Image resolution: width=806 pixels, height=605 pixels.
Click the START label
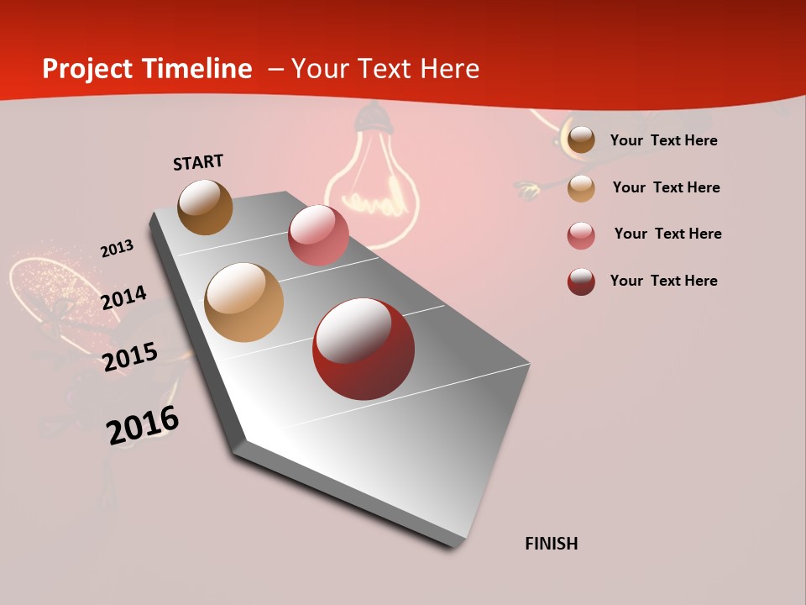click(x=198, y=162)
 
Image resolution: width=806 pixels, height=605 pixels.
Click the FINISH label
click(x=551, y=544)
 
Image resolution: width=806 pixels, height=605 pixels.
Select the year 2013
click(x=117, y=249)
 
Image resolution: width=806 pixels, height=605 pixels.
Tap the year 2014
click(x=123, y=297)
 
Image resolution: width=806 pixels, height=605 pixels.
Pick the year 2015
click(x=130, y=357)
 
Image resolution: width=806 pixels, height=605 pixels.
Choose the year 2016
click(x=143, y=425)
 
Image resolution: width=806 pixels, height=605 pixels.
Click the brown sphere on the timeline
click(x=205, y=207)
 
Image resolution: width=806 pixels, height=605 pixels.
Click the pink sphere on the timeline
click(x=318, y=235)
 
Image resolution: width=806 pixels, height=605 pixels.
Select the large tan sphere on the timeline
click(x=244, y=302)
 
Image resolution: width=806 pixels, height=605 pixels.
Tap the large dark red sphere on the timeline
click(x=364, y=349)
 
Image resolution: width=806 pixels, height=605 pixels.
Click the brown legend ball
click(x=581, y=139)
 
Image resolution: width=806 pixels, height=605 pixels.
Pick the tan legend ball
click(x=581, y=188)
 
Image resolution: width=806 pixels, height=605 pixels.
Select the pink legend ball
click(x=581, y=235)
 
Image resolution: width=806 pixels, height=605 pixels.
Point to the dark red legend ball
click(x=581, y=281)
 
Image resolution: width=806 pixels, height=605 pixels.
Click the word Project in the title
click(x=87, y=69)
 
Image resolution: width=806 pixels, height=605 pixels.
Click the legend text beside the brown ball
click(x=663, y=140)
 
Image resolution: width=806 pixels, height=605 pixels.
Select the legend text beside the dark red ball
click(x=663, y=281)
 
